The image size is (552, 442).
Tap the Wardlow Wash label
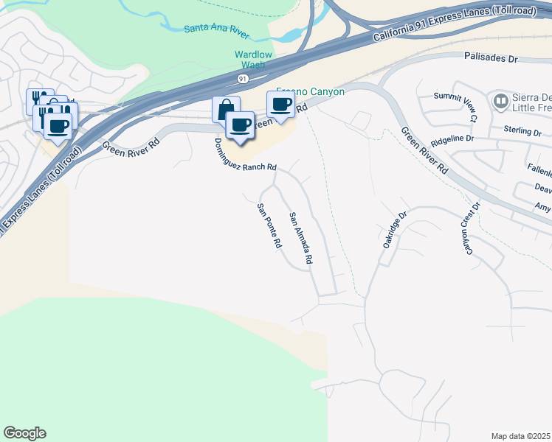[x=253, y=60]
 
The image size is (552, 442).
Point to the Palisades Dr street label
[x=492, y=56]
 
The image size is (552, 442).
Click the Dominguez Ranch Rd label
[x=246, y=155]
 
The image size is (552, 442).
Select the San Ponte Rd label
[x=269, y=225]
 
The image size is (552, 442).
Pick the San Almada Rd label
[x=301, y=239]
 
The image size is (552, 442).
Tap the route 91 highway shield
[x=243, y=77]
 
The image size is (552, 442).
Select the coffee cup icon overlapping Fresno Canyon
[x=280, y=105]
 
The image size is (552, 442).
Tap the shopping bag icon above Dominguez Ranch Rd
[x=225, y=109]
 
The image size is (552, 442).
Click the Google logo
[x=24, y=433]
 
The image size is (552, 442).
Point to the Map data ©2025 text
[x=520, y=436]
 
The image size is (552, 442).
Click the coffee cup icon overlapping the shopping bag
[x=240, y=124]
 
